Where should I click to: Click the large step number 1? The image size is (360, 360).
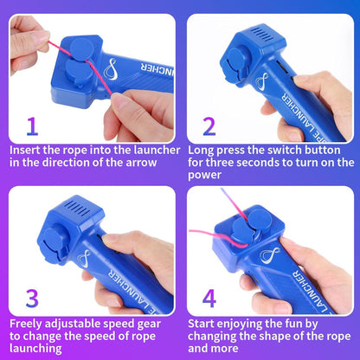(32, 127)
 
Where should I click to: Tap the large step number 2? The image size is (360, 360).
(209, 127)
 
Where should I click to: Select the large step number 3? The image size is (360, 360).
(32, 299)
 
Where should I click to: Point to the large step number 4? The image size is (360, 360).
(209, 299)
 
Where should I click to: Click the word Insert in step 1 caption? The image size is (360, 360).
(28, 149)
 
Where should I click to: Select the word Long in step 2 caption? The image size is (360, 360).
(203, 149)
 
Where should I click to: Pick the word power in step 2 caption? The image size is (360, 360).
(207, 175)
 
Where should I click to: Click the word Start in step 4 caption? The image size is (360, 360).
(204, 323)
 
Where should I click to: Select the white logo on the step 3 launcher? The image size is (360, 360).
(82, 257)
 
